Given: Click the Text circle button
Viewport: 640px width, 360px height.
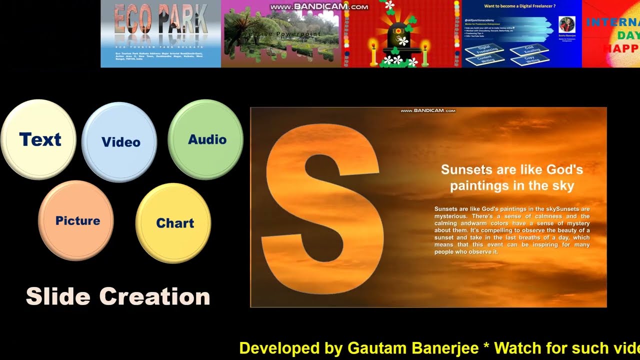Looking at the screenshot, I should tap(39, 139).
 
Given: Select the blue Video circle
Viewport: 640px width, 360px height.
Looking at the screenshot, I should tap(119, 142).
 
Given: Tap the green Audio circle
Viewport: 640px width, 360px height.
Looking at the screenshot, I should tap(206, 139).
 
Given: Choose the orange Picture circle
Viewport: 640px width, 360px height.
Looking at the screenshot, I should tap(76, 220).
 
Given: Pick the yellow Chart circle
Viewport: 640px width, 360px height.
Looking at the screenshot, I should tap(173, 223).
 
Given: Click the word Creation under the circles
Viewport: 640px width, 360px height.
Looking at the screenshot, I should tap(154, 296).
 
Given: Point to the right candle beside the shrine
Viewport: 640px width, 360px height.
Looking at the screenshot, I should tap(425, 53).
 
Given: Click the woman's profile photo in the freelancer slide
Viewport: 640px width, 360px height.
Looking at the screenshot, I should tap(566, 24).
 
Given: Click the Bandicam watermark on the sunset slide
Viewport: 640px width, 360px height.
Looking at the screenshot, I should tap(428, 110).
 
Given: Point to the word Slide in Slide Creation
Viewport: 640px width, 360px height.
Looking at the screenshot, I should tap(58, 296).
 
